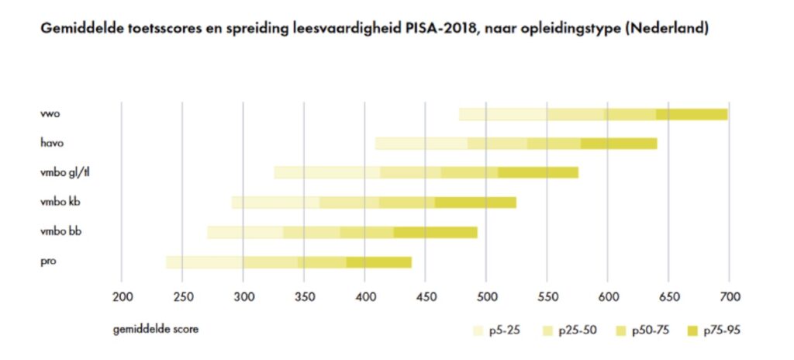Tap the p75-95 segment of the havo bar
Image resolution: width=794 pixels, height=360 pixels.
(x=618, y=144)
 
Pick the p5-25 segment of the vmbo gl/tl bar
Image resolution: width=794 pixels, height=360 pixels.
(x=326, y=172)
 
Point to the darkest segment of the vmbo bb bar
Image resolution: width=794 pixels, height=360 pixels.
(x=435, y=232)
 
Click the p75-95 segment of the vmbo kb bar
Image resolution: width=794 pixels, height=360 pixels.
(x=475, y=202)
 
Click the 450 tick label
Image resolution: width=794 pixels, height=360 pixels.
(x=425, y=296)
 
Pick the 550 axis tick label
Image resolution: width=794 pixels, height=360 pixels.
(x=547, y=296)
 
